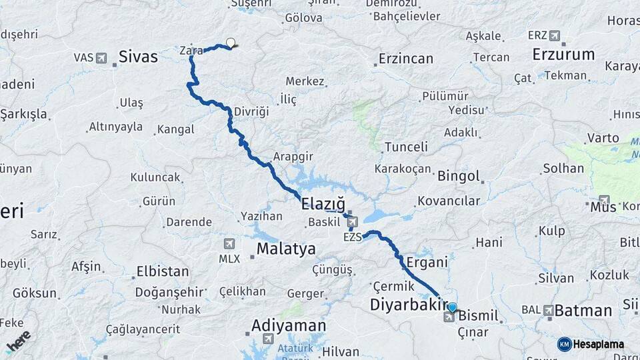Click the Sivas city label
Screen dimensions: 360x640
138,57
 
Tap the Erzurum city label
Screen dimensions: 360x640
564,54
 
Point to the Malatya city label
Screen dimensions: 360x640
286,249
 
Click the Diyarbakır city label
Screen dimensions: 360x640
407,305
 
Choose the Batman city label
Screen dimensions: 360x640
583,310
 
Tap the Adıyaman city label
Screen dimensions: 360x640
289,326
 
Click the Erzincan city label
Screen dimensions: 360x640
406,59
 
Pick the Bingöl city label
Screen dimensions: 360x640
459,177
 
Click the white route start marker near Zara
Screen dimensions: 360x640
231,43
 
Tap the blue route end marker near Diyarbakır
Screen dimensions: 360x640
453,307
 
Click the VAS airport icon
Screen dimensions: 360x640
101,58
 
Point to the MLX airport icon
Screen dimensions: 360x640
230,244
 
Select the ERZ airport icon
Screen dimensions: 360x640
554,35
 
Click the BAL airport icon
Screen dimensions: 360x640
548,310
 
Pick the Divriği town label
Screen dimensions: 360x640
251,111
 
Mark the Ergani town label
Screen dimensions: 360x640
426,263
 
